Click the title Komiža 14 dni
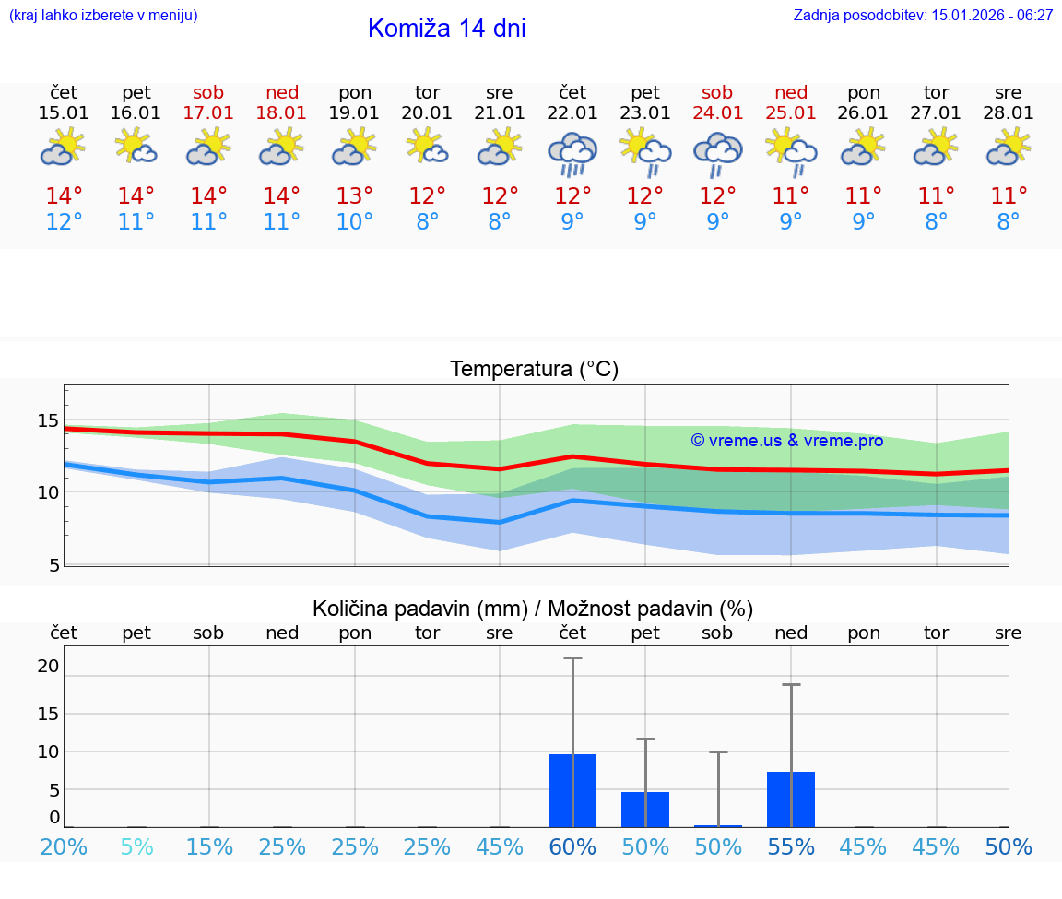pos(446,29)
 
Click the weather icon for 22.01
pos(572,153)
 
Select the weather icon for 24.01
pos(717,153)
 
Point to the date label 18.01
pos(282,113)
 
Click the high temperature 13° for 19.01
pos(355,196)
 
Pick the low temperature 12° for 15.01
pos(64,222)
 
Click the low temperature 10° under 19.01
pos(355,222)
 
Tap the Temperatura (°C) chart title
pos(534,370)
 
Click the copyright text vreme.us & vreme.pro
pos(787,441)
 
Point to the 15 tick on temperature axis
pos(48,421)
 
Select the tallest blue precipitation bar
pos(572,791)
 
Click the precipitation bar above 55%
pos(791,799)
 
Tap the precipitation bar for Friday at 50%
pos(645,810)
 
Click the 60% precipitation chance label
pos(572,847)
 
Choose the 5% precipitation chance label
pos(136,847)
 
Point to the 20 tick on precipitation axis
pos(48,666)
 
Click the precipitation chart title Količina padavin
pos(533,609)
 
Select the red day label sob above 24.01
pos(717,92)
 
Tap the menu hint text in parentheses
pos(103,15)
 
